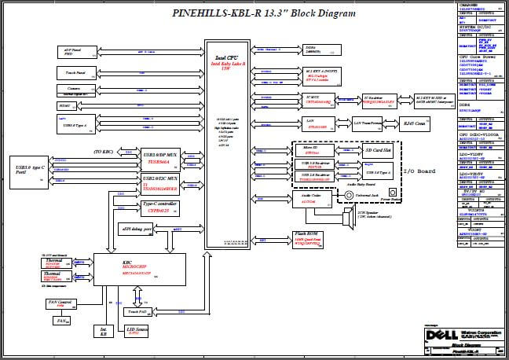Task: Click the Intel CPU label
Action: coord(229,58)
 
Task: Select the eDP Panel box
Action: coord(79,52)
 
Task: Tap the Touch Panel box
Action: coord(76,72)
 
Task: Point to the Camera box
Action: coord(76,90)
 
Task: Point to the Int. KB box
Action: coord(104,332)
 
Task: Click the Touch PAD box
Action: coord(136,313)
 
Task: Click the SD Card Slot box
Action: coord(379,150)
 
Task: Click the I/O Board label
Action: coord(419,171)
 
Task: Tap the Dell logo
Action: coord(434,336)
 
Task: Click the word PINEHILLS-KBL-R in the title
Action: coord(209,13)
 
